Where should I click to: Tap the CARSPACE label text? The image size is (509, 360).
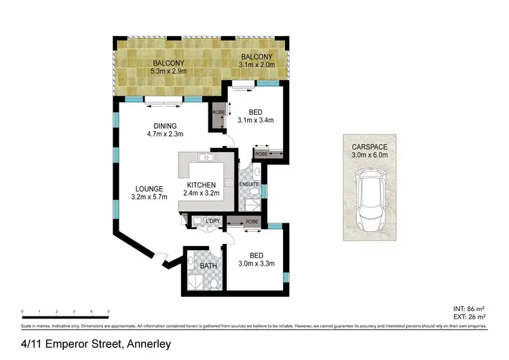370,147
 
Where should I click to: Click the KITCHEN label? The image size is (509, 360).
202,185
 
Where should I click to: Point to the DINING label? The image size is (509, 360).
165,126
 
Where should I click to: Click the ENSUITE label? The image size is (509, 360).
249,185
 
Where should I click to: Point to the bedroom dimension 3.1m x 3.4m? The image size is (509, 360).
255,122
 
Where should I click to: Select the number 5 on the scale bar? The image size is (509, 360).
109,312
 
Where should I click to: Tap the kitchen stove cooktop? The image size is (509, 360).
229,182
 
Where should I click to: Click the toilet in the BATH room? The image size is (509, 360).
213,282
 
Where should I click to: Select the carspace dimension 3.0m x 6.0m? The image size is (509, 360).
370,156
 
